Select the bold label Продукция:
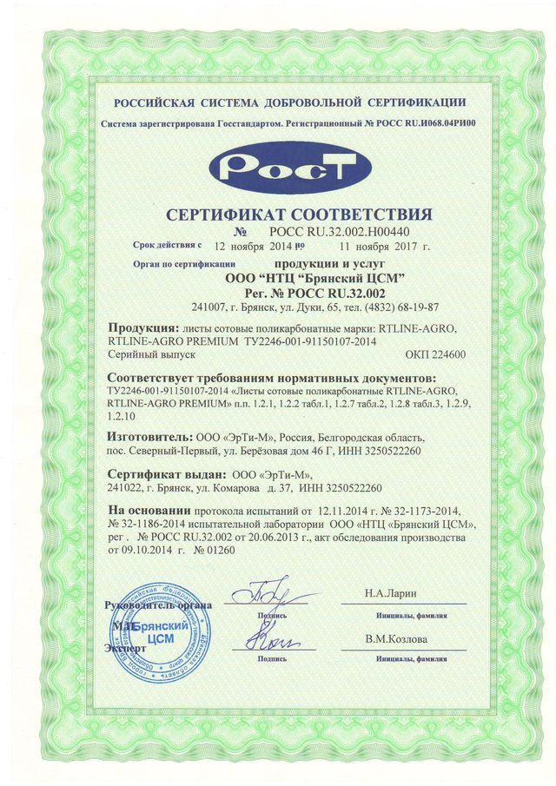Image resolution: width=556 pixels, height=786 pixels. point(139,328)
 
